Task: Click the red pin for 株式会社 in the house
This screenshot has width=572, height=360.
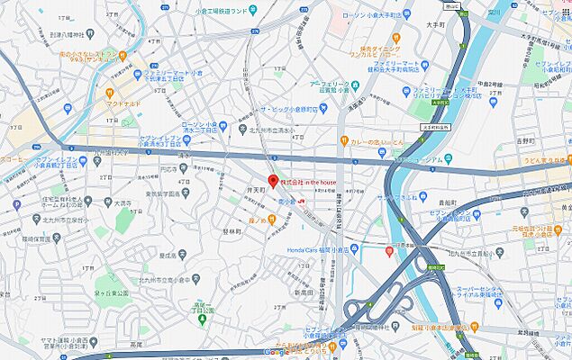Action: pos(274,180)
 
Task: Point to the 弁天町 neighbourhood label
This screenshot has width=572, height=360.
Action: pos(254,191)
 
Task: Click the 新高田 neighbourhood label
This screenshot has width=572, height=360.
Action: pos(301,293)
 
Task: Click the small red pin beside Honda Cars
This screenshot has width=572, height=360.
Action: pos(389,251)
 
